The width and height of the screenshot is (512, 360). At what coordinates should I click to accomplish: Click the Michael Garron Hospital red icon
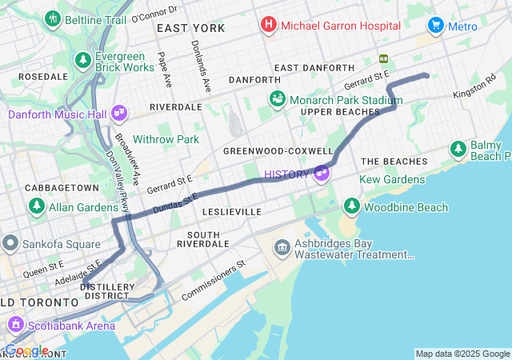268,26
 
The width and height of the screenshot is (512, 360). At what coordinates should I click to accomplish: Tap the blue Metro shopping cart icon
436,26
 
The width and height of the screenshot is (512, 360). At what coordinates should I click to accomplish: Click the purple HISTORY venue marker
322,173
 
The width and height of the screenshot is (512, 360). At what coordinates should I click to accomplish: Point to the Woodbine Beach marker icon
351,207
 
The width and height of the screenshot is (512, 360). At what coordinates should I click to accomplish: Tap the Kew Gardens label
392,179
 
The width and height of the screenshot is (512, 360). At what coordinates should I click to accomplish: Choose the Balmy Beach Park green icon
458,148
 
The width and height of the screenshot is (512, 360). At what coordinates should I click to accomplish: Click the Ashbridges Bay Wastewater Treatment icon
282,247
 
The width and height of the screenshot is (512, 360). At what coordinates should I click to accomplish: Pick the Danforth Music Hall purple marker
120,114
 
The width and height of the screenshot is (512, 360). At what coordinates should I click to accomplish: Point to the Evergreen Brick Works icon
82,60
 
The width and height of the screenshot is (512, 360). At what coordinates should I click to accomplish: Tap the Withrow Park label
166,139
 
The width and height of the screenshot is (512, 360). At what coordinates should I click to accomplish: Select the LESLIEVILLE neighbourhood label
232,212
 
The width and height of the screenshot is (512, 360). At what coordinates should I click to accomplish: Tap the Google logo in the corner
26,350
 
